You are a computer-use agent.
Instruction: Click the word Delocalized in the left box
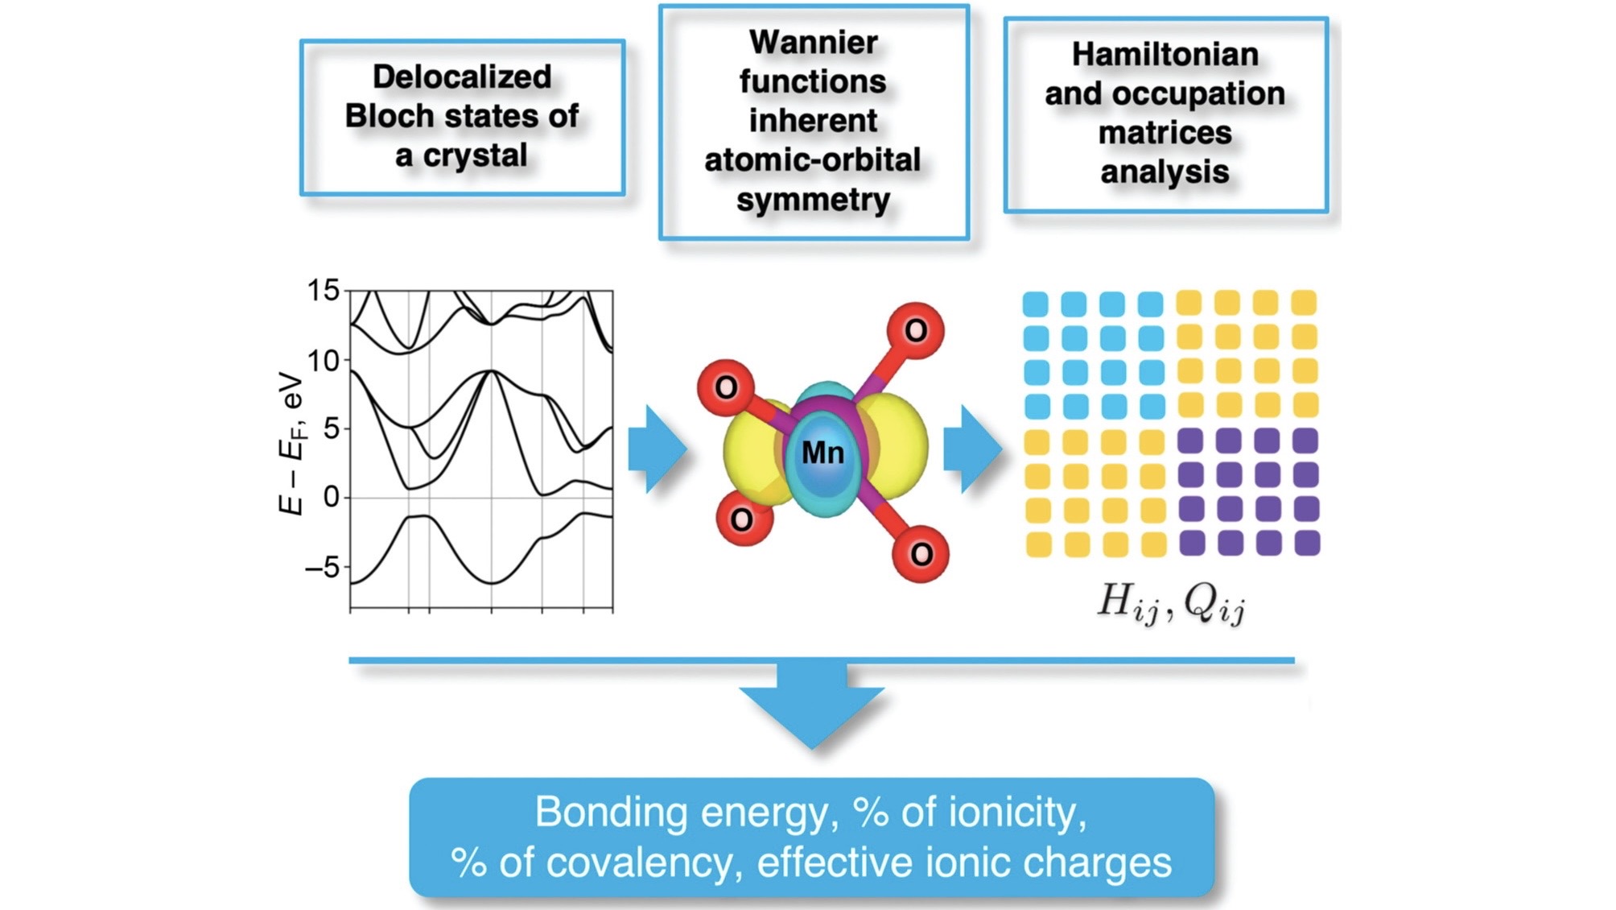pos(462,77)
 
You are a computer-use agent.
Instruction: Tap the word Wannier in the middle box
pos(814,43)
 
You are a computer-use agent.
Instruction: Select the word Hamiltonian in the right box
pos(1165,55)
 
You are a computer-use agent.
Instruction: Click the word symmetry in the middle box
pos(814,201)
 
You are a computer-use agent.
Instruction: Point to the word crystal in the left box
pos(475,155)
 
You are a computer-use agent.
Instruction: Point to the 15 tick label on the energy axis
pos(324,290)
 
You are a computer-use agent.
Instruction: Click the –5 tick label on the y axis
pos(322,567)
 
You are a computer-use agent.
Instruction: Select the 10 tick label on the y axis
pos(324,360)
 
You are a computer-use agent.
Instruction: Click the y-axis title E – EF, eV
pos(291,443)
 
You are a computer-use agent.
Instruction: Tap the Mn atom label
pos(822,453)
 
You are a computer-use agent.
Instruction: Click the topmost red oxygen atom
pos(916,330)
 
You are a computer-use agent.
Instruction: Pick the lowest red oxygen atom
pos(921,553)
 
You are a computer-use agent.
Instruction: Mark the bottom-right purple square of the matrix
pos(1307,543)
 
